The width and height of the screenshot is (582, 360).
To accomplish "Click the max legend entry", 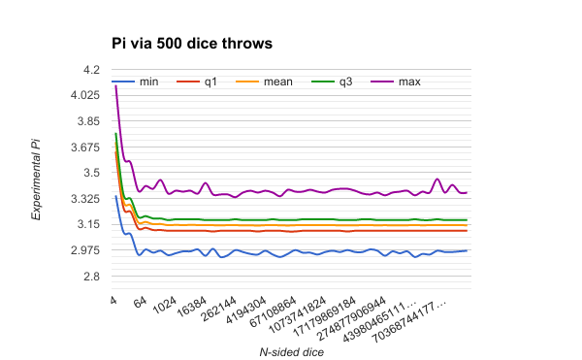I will click(x=409, y=82).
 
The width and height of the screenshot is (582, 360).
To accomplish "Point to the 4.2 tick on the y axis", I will click(x=90, y=70).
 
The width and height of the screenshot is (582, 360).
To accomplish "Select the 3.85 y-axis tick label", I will click(x=87, y=121).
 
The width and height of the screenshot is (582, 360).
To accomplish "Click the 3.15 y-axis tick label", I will click(x=87, y=224).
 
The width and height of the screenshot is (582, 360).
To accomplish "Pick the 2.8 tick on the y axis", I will click(x=90, y=277).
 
